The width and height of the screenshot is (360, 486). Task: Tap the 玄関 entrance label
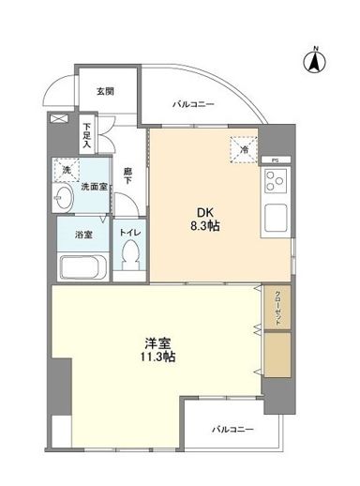tap(104, 91)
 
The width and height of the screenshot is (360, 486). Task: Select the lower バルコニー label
tap(231, 428)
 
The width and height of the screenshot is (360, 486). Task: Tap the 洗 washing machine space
tap(67, 173)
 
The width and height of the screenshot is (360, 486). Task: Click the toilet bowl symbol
tap(131, 254)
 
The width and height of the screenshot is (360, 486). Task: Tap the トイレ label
tap(130, 229)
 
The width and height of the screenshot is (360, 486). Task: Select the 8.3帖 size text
tap(204, 227)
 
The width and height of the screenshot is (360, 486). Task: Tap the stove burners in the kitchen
tap(277, 184)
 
